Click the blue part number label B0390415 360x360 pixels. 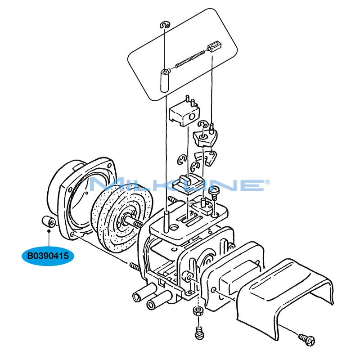click(47, 256)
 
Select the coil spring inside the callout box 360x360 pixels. click(189, 58)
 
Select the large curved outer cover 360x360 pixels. click(288, 297)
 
